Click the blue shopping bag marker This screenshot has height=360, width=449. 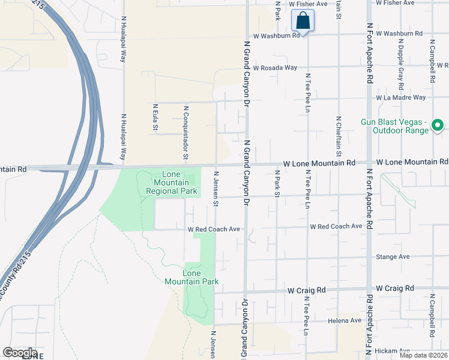pos(304,21)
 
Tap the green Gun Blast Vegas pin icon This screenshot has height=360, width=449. pos(438,125)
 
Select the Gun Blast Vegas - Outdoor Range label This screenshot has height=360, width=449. pos(394,126)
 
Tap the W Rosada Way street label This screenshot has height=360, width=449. pos(275,68)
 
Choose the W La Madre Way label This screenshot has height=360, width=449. pos(400,97)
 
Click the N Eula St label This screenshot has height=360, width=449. pos(155,118)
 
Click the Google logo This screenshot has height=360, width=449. pos(20,353)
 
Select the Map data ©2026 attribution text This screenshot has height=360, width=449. pos(423,355)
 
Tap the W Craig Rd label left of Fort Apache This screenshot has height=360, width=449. pos(306,290)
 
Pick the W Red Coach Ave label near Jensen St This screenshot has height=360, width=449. pos(214,229)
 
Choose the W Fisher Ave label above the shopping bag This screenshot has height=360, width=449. pos(308,4)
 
